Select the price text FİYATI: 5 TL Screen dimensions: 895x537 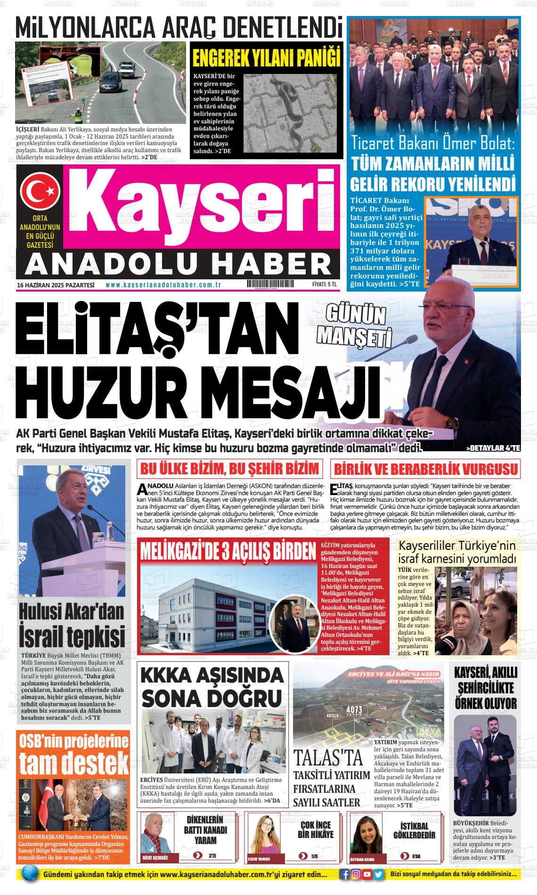324,285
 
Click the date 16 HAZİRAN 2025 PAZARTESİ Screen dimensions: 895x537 56,285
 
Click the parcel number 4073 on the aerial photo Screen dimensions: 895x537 353,709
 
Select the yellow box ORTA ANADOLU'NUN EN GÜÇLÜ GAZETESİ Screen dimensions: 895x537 40,232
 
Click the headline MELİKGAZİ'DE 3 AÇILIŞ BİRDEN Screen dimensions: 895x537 227,550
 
